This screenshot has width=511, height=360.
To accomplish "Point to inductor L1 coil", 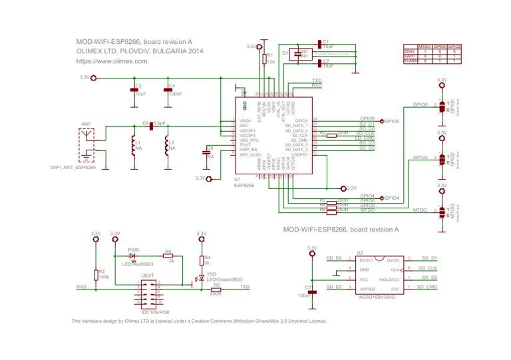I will (133, 148).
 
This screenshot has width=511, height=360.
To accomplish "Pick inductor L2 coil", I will (166, 148).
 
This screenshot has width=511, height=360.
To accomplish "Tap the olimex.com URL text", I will (112, 61).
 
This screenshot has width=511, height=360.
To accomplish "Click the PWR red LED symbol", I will (132, 256).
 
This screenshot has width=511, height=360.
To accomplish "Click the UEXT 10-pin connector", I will (147, 292).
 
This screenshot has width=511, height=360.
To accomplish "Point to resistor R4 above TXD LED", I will (201, 260).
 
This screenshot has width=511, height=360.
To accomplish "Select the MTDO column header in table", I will (425, 47).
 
